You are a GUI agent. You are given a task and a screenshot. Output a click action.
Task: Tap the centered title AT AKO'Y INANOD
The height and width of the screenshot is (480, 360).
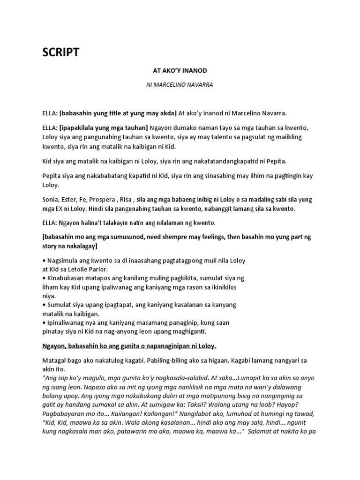click(180, 70)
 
